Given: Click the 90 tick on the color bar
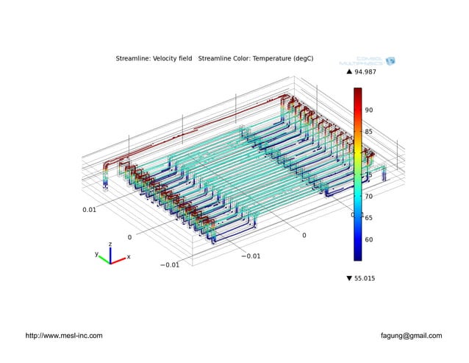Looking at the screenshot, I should pos(370,110).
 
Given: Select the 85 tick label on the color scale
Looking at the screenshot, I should pos(370,132).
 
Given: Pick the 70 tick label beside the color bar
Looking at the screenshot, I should pos(370,197).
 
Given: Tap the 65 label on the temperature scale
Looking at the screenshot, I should pos(370,218).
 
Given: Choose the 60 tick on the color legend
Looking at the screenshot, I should pos(370,239).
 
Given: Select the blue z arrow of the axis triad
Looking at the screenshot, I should pos(110,250).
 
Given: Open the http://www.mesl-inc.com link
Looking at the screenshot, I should pos(64,336).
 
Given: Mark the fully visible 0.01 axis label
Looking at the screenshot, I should pos(89,210).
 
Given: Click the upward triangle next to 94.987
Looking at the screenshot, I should pos(350,72).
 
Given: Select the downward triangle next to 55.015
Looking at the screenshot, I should pos(350,278).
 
